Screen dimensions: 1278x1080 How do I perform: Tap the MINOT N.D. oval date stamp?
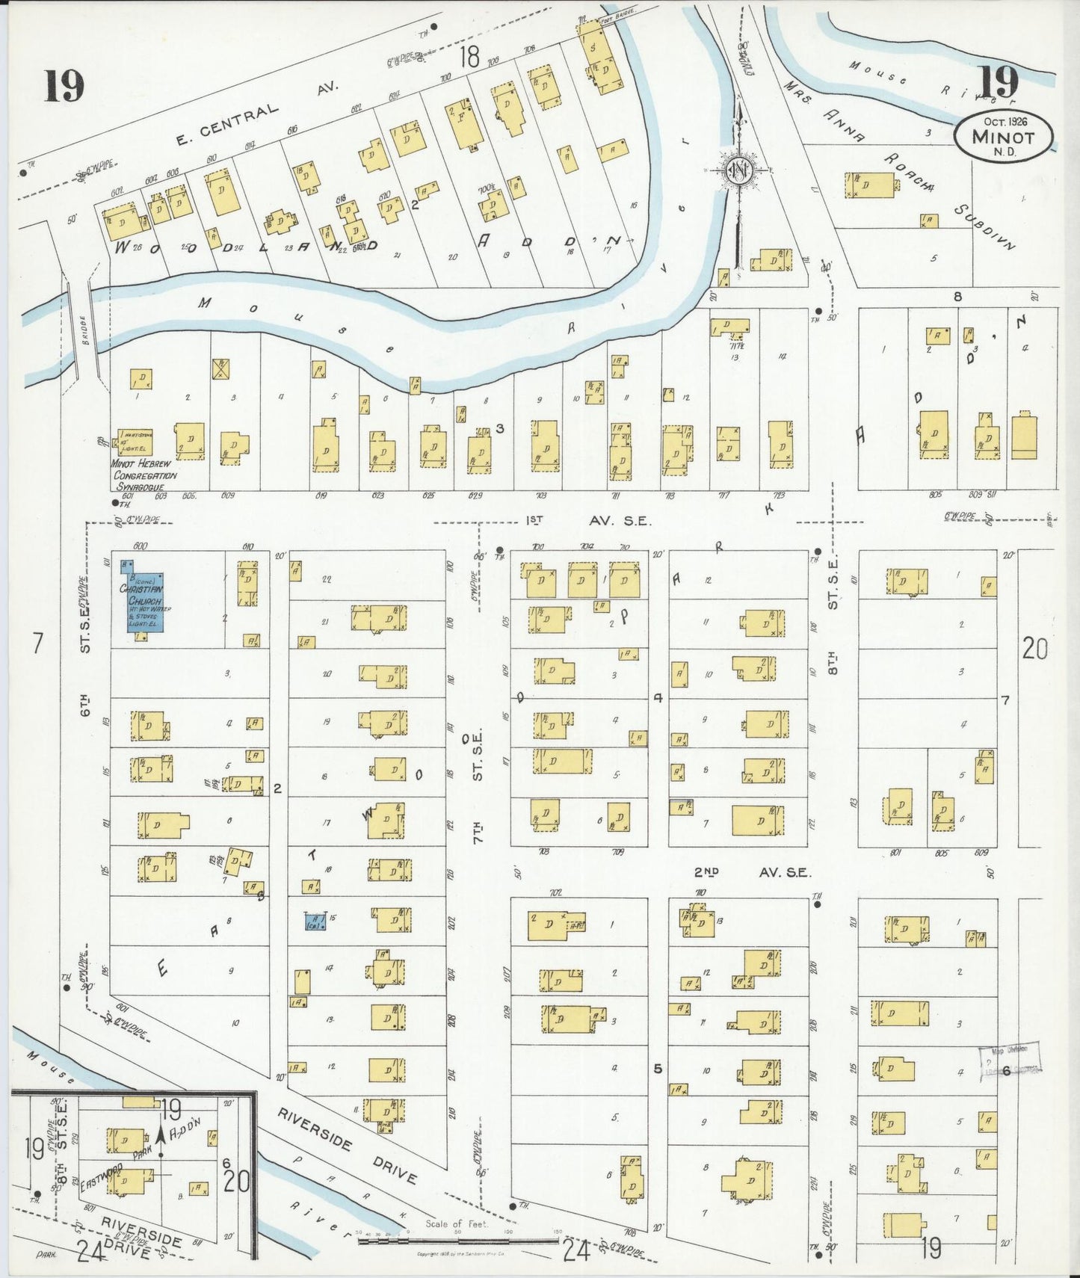coord(1003,135)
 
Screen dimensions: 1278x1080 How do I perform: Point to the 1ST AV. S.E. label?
coord(588,521)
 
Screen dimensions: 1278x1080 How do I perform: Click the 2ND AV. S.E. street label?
coord(752,872)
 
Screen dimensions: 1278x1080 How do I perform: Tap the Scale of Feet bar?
coord(457,1241)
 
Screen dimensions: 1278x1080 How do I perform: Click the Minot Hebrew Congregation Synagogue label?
coord(145,474)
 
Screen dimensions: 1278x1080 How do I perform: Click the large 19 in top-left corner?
coord(64,85)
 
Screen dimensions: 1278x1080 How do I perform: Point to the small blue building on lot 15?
coord(315,920)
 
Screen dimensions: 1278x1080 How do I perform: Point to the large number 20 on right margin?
coord(1035,649)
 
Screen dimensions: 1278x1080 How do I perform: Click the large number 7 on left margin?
coord(37,643)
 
